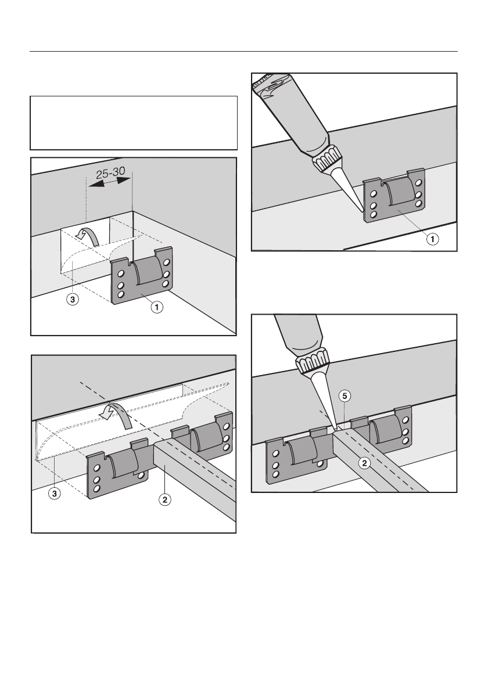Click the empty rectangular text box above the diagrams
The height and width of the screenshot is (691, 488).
[x=134, y=123]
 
